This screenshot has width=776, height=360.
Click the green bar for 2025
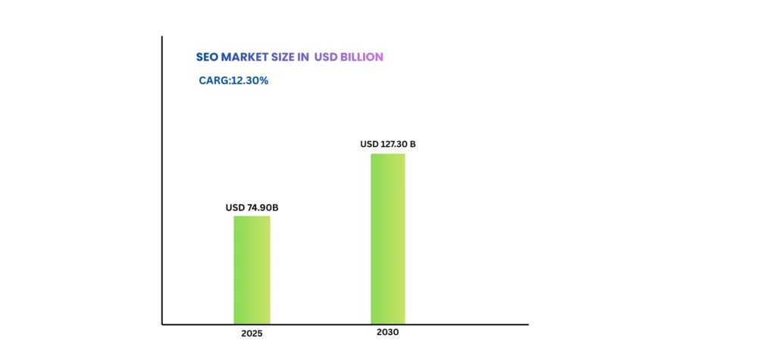click(x=252, y=270)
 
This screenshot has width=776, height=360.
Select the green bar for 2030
click(x=387, y=239)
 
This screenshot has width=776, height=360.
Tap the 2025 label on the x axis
click(x=252, y=333)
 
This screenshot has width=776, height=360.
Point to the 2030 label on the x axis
click(x=387, y=332)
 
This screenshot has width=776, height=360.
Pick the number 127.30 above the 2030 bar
click(x=393, y=144)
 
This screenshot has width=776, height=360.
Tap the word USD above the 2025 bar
click(x=235, y=208)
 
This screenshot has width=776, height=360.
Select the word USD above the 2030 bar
click(x=369, y=144)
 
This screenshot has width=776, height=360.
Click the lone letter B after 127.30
click(x=412, y=144)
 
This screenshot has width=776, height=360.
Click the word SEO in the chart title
click(x=206, y=57)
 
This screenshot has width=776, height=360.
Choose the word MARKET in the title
click(x=240, y=57)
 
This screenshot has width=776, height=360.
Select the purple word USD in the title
click(x=327, y=57)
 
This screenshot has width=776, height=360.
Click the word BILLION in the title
click(x=363, y=57)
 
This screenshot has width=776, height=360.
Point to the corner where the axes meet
click(x=162, y=324)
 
